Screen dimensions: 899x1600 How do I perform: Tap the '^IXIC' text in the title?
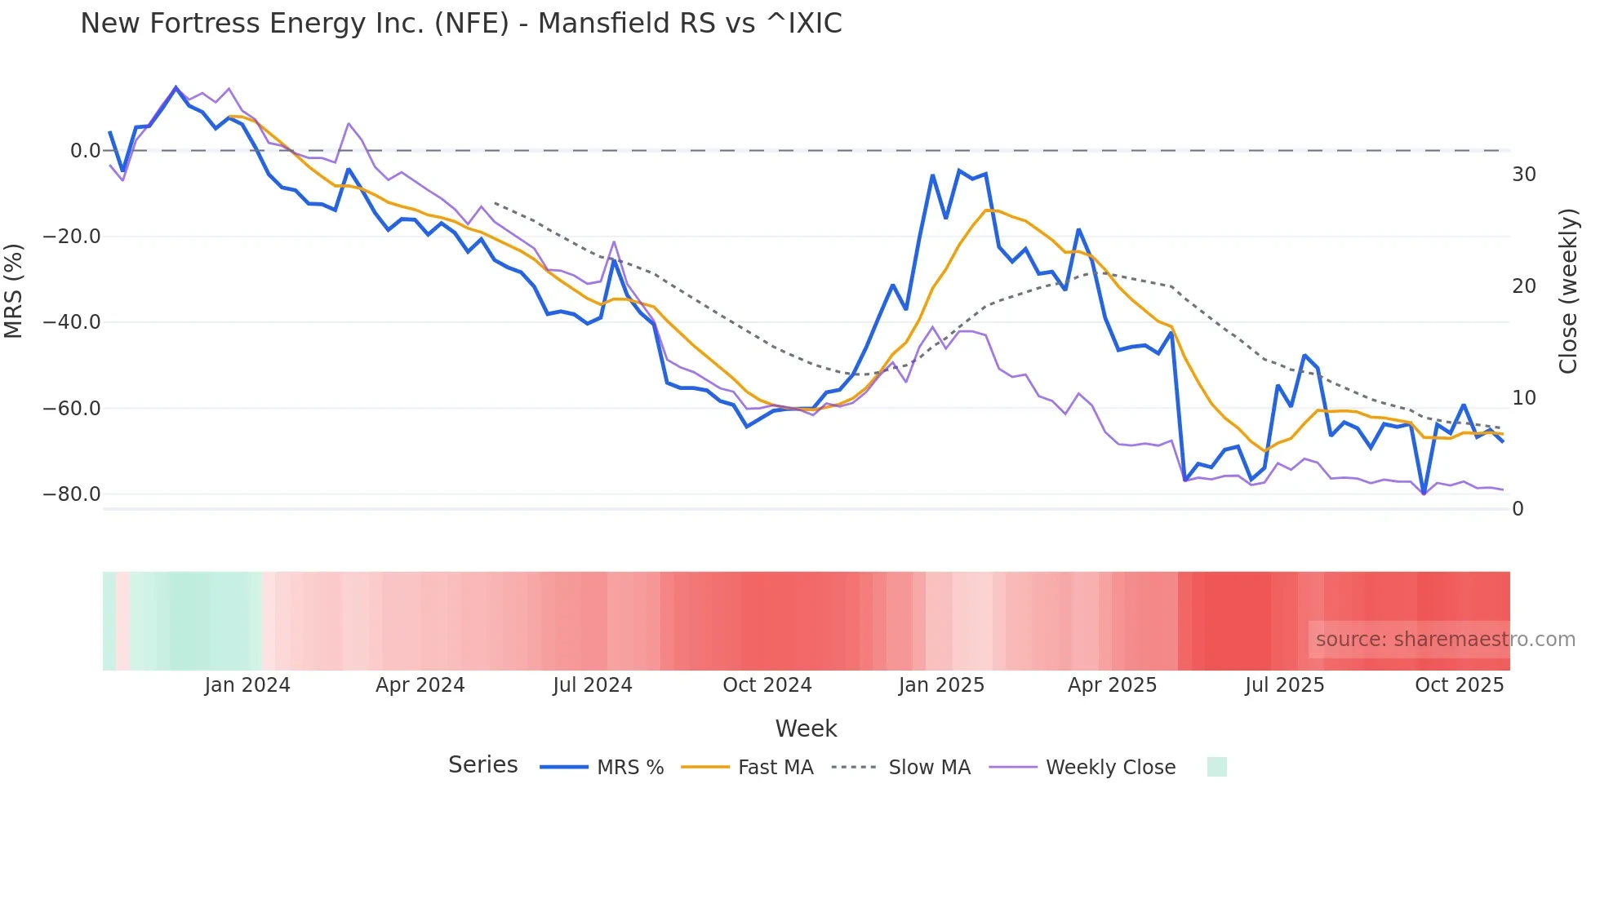click(x=803, y=24)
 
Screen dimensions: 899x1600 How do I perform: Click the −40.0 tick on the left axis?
click(x=72, y=322)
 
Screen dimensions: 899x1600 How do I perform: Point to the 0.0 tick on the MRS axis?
click(x=85, y=150)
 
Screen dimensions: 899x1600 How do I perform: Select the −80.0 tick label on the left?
click(x=72, y=494)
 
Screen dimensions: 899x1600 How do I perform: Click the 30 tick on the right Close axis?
click(x=1523, y=175)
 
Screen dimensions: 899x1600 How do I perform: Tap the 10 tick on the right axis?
click(x=1523, y=398)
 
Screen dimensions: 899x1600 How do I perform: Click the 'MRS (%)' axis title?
click(x=14, y=291)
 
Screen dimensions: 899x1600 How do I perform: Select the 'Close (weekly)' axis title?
click(x=1567, y=291)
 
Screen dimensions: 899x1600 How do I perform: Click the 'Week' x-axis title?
click(x=806, y=728)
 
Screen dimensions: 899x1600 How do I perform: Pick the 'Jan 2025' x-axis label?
click(x=941, y=685)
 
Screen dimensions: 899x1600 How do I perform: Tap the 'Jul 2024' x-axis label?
click(x=593, y=685)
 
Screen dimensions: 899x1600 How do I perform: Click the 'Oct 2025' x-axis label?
click(x=1459, y=685)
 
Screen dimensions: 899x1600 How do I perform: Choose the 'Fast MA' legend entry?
click(x=775, y=768)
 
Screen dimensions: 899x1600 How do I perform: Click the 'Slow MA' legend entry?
click(x=929, y=768)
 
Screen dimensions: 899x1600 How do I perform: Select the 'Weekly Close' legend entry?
click(x=1110, y=768)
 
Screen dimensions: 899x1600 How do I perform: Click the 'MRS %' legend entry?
click(x=629, y=768)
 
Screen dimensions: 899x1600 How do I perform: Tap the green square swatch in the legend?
click(x=1216, y=767)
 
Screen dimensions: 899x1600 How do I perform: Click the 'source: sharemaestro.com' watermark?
click(x=1445, y=640)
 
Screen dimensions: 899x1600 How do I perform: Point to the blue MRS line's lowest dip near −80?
click(x=1424, y=493)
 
